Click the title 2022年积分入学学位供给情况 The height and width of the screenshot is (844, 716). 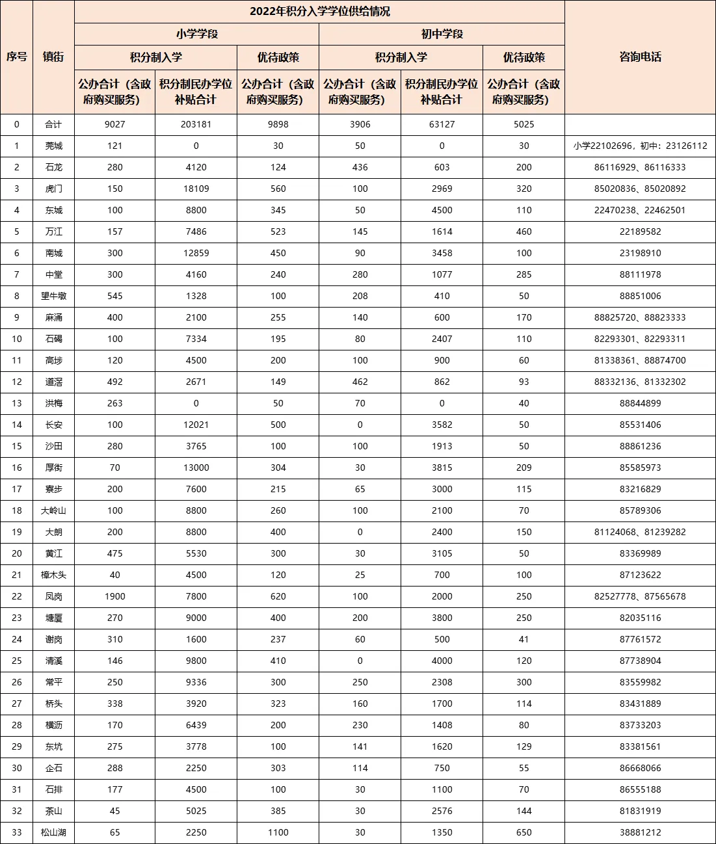point(319,12)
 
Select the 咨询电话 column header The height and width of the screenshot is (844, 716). point(640,57)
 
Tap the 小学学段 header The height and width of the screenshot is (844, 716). point(196,34)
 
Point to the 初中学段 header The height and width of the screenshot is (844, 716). point(442,34)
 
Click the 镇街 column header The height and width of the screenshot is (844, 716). point(53,57)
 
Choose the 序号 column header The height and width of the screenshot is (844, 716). point(17,57)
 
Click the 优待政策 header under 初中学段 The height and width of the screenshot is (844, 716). point(524,57)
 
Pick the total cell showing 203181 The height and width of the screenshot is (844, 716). point(196,124)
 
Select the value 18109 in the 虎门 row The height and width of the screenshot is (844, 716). point(196,189)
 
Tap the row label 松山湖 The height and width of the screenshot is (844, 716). point(53,832)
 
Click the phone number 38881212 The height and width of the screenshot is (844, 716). point(640,832)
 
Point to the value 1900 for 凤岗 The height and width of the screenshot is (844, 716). point(114,596)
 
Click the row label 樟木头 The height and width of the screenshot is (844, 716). point(53,575)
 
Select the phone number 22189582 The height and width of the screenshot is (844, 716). point(640,231)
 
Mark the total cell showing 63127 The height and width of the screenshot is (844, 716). point(442,124)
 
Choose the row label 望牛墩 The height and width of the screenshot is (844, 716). point(53,296)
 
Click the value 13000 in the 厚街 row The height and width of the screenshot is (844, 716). point(196,468)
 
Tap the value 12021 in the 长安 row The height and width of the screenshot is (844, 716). point(196,425)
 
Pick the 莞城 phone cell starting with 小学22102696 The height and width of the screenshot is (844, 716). point(640,146)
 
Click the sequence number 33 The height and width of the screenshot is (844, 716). point(17,832)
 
